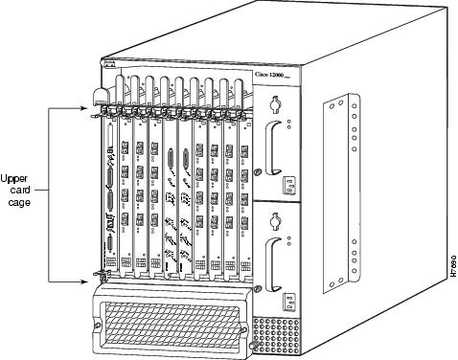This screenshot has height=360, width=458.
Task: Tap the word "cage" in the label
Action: pos(20,203)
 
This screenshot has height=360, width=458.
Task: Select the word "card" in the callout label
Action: pos(20,190)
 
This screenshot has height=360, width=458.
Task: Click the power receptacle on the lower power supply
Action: pos(286,298)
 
